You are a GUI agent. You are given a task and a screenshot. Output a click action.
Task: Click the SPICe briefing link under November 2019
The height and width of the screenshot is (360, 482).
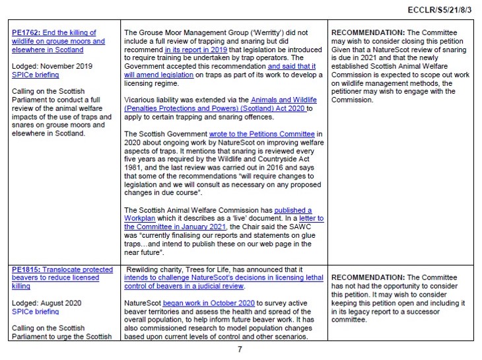pos(34,75)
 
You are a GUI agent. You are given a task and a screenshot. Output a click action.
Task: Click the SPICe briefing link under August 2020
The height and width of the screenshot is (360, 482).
pos(34,311)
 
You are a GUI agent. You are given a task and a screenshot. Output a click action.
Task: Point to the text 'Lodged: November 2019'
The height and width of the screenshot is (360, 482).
pos(52,67)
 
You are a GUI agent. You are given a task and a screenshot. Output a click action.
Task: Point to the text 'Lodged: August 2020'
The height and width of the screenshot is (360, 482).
pos(47,303)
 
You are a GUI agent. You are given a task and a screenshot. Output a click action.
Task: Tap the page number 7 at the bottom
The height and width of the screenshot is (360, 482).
pos(240,349)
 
